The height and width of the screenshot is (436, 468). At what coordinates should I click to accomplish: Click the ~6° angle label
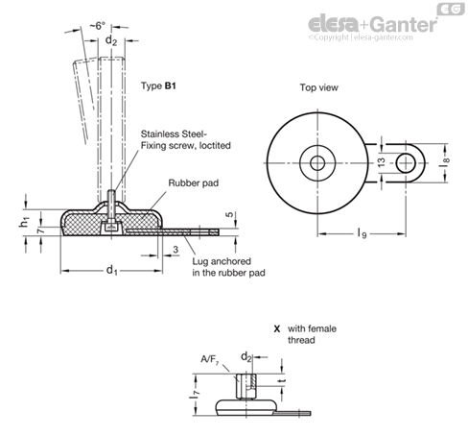[x=97, y=26]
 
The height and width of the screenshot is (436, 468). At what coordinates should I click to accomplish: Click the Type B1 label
[x=158, y=85]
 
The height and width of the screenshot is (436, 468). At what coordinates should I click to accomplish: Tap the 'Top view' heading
[x=318, y=87]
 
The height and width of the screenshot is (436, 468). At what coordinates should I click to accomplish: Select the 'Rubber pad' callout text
[x=194, y=183]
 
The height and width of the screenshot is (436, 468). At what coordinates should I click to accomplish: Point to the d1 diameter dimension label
[x=112, y=271]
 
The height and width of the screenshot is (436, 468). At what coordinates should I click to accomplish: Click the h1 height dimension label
[x=25, y=222]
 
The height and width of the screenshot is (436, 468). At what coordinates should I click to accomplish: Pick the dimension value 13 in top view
[x=382, y=162]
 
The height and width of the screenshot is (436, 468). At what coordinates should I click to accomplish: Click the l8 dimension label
[x=445, y=160]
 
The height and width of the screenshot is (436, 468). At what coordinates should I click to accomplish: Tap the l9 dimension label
[x=362, y=233]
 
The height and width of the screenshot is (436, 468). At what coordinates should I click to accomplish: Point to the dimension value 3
[x=175, y=250]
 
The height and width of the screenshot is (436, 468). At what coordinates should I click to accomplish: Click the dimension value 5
[x=230, y=215]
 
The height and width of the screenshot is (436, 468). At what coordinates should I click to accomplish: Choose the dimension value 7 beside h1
[x=40, y=230]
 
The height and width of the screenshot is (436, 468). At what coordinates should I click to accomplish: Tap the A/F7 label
[x=210, y=359]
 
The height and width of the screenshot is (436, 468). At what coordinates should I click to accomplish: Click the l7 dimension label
[x=194, y=393]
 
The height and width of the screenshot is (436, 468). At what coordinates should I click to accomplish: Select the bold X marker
[x=277, y=328]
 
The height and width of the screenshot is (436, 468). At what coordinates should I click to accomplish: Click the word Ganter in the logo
[x=405, y=24]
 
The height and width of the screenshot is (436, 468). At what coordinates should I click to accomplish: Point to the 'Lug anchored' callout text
[x=222, y=261]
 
